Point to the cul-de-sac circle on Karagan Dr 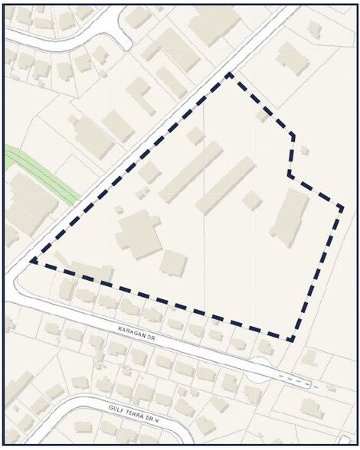coord(261,370)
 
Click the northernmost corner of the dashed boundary coord(228,74)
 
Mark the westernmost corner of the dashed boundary coord(31,262)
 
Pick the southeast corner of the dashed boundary coord(291,340)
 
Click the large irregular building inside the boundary coord(139,233)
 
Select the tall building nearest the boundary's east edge coord(290,218)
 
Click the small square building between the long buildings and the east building coord(252,200)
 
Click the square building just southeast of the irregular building coord(174,263)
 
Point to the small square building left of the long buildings coord(149,173)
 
